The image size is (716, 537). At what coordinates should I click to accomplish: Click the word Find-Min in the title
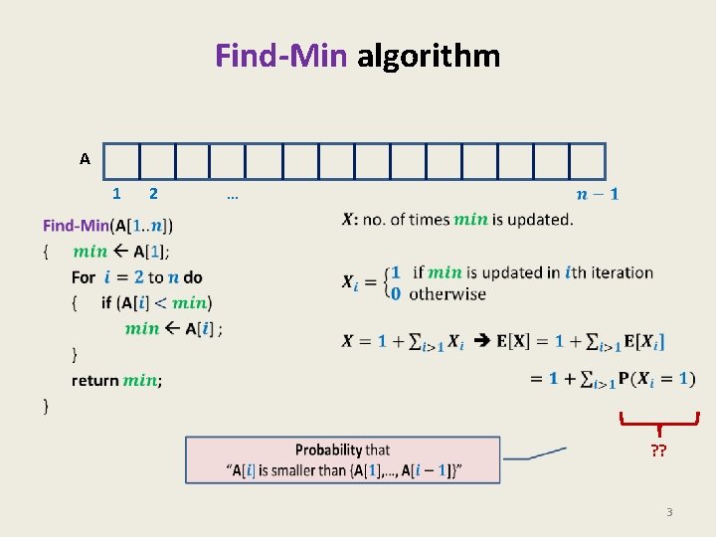(x=281, y=55)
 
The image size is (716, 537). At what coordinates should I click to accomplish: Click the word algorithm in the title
(x=429, y=55)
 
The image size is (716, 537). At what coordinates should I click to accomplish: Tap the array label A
(x=85, y=158)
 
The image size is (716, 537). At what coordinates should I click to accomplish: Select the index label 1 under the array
(x=116, y=193)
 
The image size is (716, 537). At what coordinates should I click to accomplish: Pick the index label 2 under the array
(x=152, y=193)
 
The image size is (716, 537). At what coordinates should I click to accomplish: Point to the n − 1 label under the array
(x=597, y=193)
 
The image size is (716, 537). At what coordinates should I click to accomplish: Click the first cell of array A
(x=121, y=161)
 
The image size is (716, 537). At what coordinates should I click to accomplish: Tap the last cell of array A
(x=587, y=161)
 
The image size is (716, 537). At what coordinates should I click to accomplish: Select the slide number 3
(x=669, y=512)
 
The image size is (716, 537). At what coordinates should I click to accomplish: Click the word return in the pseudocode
(x=94, y=380)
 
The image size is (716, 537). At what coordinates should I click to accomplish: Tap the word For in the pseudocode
(x=84, y=277)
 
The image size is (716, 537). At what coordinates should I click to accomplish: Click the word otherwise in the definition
(x=447, y=294)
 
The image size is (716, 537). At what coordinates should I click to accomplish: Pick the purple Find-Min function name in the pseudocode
(x=76, y=226)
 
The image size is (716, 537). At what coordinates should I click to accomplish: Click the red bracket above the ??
(x=658, y=422)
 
